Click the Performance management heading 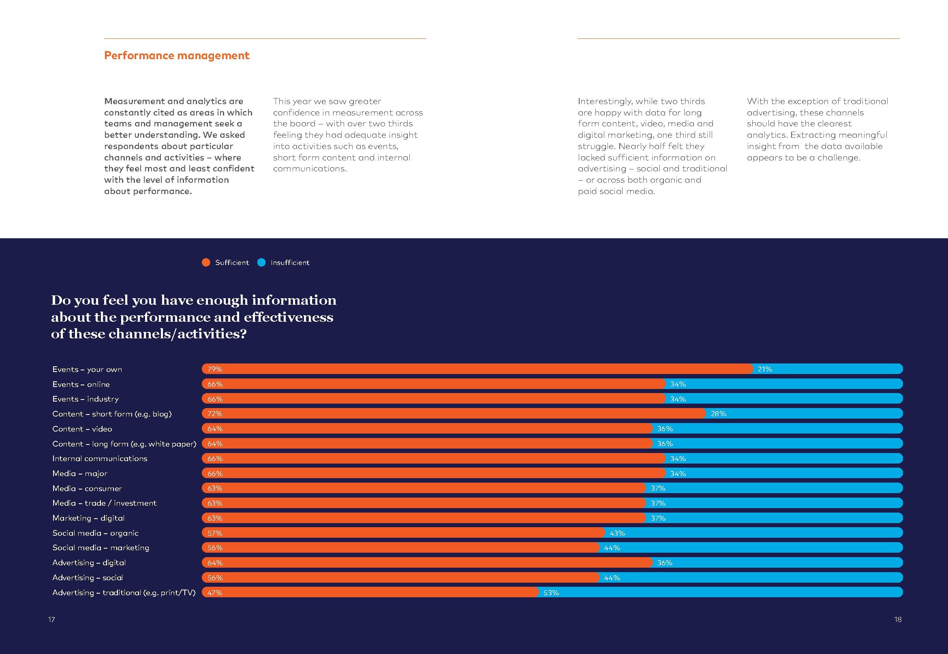coord(177,56)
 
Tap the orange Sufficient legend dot coord(206,262)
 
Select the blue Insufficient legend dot coord(261,262)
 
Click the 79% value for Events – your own coord(214,369)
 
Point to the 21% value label coord(764,369)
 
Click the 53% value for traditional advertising coord(551,592)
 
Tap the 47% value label coord(214,592)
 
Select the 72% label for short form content coord(214,414)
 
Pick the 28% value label coord(719,414)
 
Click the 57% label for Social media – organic coord(214,533)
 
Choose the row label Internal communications coord(100,459)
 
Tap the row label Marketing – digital coord(88,518)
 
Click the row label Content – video coord(82,429)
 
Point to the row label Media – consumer coord(87,488)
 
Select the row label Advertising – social coord(87,578)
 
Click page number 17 coord(51,619)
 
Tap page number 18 coord(898,619)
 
